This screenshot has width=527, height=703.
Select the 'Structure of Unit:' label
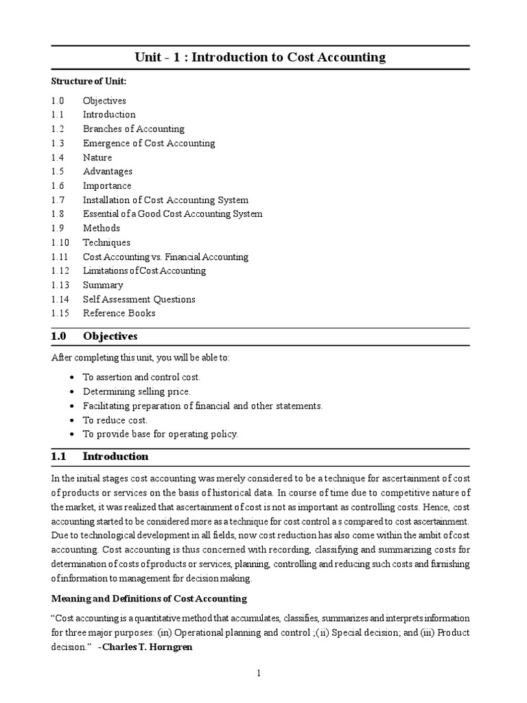[x=89, y=81]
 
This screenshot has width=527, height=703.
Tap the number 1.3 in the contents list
[x=57, y=143]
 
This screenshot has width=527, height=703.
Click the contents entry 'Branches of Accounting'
[x=133, y=129]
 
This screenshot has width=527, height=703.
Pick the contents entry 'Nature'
[x=97, y=158]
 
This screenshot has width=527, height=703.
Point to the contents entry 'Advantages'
[x=108, y=172]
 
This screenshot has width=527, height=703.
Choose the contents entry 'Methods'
[x=102, y=228]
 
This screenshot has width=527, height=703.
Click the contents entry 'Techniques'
[x=106, y=242]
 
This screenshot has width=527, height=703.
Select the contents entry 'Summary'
[x=103, y=285]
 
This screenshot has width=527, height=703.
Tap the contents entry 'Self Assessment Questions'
[x=139, y=299]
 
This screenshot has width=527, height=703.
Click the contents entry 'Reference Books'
[x=119, y=313]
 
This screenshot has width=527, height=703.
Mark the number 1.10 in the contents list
[x=59, y=242]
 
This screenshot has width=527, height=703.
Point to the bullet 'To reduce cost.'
[x=115, y=420]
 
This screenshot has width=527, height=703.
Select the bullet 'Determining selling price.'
[x=137, y=391]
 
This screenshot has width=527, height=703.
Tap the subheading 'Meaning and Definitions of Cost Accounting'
[x=150, y=599]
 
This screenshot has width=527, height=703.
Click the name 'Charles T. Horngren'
[x=144, y=647]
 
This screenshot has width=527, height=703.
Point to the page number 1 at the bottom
[x=259, y=673]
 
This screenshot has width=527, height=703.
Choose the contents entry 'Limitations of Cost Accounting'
[x=144, y=270]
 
